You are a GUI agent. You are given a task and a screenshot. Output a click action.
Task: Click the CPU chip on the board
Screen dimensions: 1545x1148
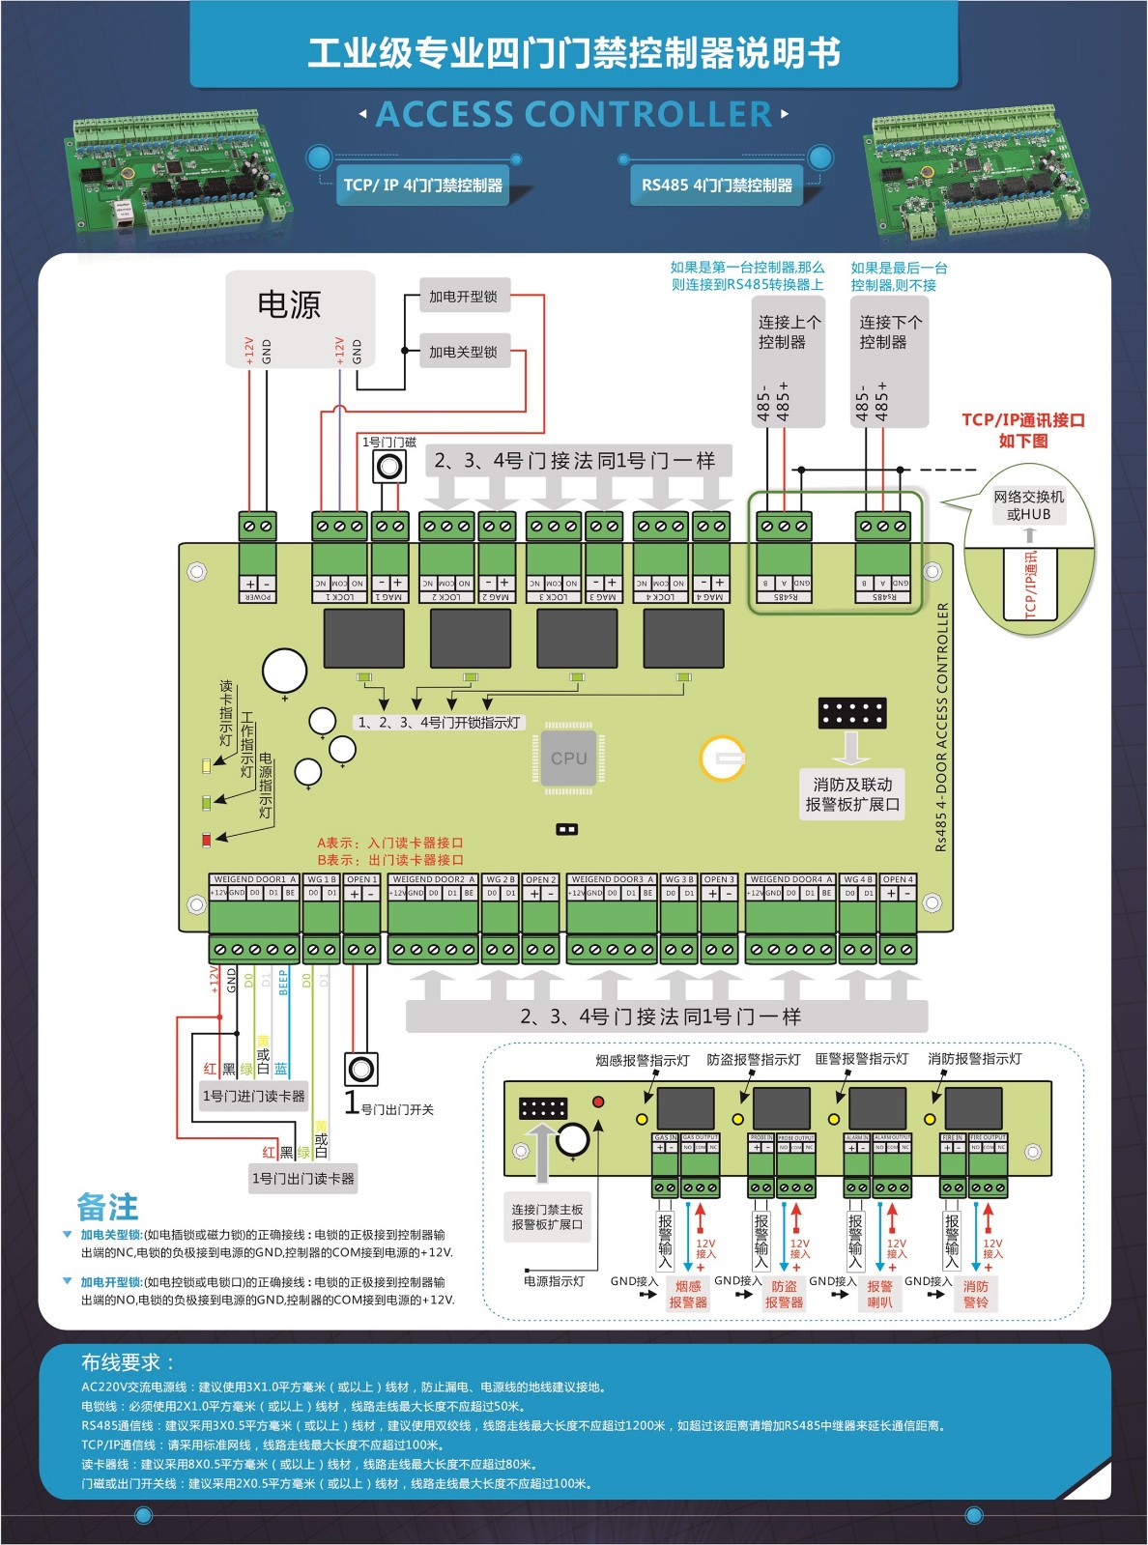(568, 758)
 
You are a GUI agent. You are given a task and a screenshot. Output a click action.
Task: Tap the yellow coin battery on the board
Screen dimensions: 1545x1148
(723, 759)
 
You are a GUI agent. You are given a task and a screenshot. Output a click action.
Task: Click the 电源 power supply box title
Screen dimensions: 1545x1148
(289, 304)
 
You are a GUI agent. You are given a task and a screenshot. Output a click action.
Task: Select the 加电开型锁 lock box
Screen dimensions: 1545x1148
(464, 297)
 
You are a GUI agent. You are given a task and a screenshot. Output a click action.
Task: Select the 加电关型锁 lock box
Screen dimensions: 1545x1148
(464, 352)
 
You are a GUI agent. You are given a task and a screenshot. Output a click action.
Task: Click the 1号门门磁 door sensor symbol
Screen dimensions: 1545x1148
(389, 467)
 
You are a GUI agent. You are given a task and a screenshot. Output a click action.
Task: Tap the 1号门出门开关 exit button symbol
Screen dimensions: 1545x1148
(361, 1070)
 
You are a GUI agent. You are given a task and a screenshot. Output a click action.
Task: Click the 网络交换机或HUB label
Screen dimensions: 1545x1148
(1028, 505)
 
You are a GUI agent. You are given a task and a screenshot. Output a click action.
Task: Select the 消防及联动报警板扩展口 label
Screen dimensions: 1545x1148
(852, 794)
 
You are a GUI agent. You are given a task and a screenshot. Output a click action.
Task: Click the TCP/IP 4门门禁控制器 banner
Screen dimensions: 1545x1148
(422, 185)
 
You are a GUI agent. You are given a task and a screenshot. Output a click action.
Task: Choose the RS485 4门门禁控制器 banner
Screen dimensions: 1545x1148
(716, 185)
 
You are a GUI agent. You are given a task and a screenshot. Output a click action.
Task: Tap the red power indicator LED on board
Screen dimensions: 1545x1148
(206, 840)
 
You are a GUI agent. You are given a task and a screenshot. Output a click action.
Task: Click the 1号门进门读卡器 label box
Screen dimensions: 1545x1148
(253, 1096)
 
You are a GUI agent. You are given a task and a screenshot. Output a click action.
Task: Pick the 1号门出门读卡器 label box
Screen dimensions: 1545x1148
(302, 1178)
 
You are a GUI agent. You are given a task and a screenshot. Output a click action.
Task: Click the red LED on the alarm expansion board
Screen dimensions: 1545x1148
(598, 1102)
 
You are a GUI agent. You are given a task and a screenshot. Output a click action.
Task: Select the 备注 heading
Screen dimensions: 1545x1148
(107, 1207)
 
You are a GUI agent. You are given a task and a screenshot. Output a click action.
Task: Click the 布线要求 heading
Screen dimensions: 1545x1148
(128, 1362)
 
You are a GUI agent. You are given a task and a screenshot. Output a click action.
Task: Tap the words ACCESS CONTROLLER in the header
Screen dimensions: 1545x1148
(574, 115)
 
